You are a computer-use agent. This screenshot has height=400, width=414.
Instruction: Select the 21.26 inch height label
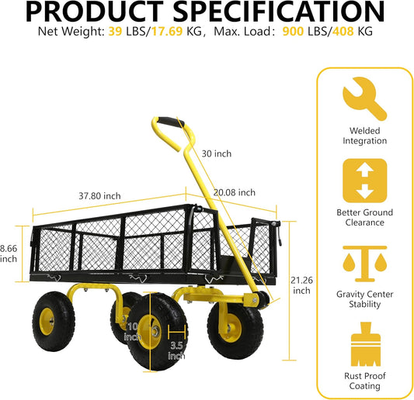[x=301, y=286]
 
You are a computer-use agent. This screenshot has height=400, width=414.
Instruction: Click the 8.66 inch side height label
[x=9, y=253]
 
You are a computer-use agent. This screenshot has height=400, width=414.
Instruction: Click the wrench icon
[x=364, y=98]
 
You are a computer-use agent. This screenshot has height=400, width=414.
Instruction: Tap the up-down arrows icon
[x=364, y=181]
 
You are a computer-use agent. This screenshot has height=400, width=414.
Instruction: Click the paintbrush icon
[x=364, y=344]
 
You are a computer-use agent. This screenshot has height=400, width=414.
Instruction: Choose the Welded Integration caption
[x=364, y=136]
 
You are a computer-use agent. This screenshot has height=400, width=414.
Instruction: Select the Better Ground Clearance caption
[x=364, y=217]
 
